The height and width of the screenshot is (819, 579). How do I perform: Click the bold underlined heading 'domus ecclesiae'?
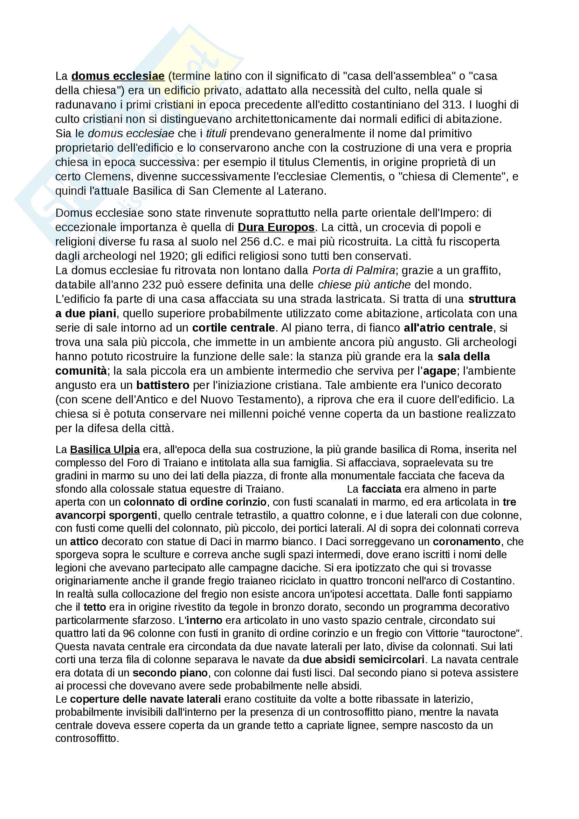point(118,76)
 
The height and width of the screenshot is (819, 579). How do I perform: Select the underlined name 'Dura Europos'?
point(276,227)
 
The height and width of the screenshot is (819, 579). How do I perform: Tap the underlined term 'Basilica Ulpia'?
point(104,450)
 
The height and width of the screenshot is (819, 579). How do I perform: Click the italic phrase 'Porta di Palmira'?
point(353,270)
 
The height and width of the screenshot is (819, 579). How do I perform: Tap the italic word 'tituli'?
point(216,133)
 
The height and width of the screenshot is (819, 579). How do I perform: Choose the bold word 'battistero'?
point(163,385)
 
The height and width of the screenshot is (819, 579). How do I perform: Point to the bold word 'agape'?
point(440,371)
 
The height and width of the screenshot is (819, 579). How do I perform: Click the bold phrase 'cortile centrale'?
point(233,328)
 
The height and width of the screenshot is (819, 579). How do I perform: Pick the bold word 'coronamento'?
point(467,541)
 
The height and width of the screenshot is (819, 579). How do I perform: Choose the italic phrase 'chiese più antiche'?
point(364,285)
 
